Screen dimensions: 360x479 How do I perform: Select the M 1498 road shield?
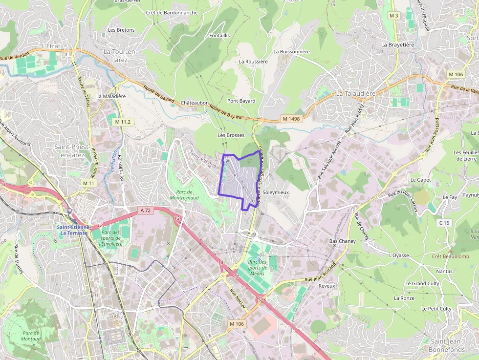click(x=291, y=119)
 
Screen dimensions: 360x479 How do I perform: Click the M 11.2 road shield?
click(x=122, y=121)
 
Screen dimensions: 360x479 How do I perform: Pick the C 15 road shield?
click(x=444, y=223)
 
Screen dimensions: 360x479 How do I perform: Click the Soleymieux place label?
click(x=276, y=192)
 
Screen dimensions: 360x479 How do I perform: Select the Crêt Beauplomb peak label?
click(x=450, y=256)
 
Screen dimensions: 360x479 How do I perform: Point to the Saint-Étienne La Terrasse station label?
click(x=74, y=230)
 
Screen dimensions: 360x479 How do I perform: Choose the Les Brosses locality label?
click(x=231, y=135)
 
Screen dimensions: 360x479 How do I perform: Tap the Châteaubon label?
click(x=195, y=103)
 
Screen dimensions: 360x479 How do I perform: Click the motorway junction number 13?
click(x=177, y=218)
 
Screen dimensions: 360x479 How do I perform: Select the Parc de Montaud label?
click(x=30, y=336)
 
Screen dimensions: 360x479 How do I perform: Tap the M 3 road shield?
click(x=394, y=16)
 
